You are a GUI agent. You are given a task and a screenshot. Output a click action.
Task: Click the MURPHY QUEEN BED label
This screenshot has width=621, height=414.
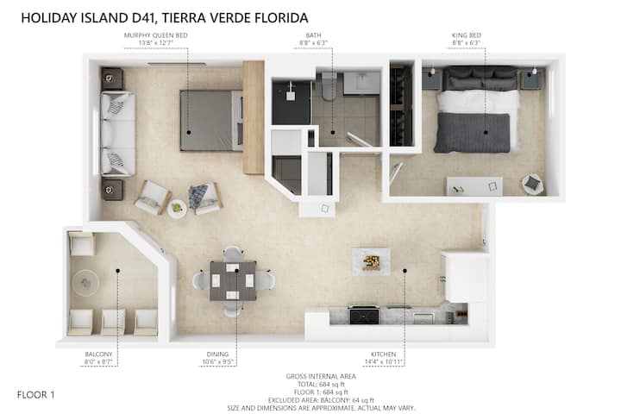tap(155, 35)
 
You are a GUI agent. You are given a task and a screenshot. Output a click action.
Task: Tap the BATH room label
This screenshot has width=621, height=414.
tap(313, 35)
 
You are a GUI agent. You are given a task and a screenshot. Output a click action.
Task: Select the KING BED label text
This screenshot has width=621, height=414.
tap(466, 35)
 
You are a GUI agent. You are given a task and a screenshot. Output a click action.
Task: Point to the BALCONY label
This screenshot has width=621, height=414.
tap(98, 354)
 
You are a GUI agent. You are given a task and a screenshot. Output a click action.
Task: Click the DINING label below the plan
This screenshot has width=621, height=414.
tap(217, 354)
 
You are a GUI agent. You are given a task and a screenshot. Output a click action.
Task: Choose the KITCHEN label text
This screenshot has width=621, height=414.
tap(383, 354)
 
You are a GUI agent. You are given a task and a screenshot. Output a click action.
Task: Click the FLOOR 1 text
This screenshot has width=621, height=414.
tap(35, 394)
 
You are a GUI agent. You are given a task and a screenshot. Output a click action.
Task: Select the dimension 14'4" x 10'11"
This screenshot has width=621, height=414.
tap(383, 361)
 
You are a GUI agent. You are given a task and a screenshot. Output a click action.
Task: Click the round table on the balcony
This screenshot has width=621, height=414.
tap(85, 283)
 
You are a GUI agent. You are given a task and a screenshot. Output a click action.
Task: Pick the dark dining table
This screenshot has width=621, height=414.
tap(233, 281)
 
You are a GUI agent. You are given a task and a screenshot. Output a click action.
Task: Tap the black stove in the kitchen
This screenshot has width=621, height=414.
tap(364, 314)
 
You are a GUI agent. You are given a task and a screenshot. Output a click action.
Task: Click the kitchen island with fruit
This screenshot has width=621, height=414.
tap(371, 262)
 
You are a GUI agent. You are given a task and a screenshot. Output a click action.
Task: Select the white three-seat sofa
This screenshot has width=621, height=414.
tap(117, 134)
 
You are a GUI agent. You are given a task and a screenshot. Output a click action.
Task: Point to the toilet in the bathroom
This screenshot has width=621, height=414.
tap(329, 86)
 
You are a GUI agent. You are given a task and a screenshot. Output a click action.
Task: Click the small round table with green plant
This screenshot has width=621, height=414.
tap(177, 209)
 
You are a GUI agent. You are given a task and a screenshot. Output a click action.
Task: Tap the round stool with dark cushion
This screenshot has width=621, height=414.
tap(533, 184)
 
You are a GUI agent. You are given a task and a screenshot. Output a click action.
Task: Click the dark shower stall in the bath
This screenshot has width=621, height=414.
tap(292, 103)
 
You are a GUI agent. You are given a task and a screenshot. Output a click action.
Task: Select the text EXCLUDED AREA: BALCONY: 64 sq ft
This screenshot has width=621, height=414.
tap(321, 400)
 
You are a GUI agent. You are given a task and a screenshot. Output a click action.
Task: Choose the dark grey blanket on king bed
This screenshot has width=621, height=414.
tap(473, 133)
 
